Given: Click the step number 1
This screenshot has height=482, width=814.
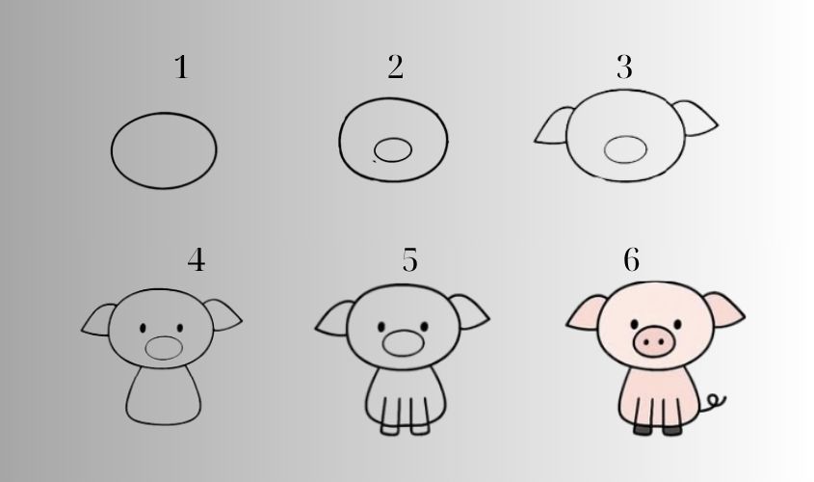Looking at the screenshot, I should [x=180, y=68].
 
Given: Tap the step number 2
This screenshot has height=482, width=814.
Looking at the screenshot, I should [x=395, y=67].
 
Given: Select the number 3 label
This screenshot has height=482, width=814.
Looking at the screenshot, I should [x=624, y=67].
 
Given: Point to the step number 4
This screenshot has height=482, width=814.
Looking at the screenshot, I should [x=196, y=260].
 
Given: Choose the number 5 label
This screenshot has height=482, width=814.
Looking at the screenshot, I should [x=410, y=260].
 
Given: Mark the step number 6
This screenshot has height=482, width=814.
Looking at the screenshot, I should [x=631, y=260].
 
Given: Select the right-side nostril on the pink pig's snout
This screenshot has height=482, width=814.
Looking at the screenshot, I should [x=662, y=340].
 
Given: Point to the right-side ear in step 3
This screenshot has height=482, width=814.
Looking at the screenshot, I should [x=698, y=119].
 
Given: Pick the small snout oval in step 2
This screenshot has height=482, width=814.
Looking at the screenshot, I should [x=393, y=149].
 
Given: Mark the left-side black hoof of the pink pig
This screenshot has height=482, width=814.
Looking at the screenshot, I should [x=643, y=428].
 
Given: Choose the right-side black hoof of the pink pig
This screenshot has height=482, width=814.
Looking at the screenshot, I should [x=671, y=428].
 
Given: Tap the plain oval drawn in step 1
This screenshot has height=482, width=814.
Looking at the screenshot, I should [x=164, y=150].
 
